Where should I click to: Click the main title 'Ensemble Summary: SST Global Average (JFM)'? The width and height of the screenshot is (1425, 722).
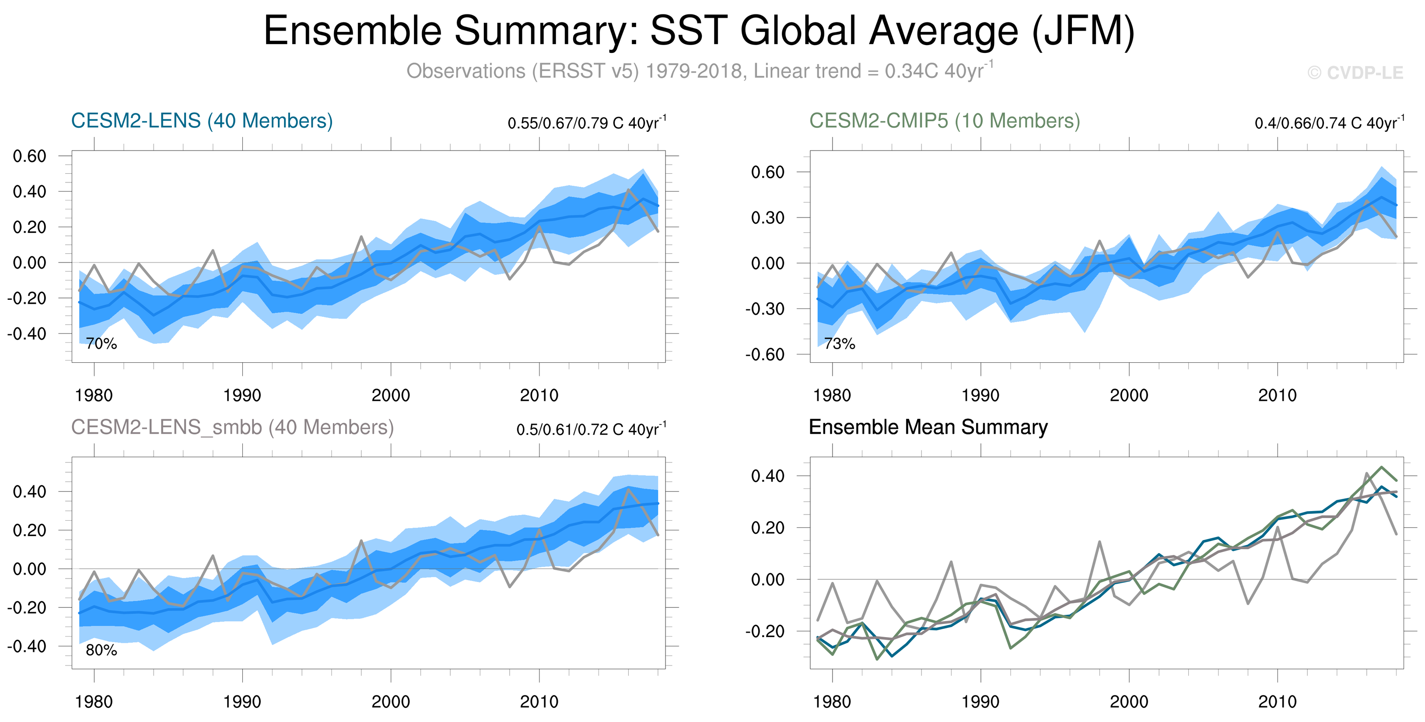tap(699, 31)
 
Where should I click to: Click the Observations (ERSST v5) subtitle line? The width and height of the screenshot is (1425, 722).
tap(700, 71)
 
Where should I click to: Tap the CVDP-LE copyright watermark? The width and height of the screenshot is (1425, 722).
tap(1355, 73)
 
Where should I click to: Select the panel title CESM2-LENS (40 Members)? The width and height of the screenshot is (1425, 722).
tap(202, 121)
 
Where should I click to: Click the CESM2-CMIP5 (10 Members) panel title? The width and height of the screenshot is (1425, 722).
tap(944, 121)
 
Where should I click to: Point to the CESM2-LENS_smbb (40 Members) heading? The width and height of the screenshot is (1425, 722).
tap(232, 427)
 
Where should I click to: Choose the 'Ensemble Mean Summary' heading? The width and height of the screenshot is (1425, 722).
tap(928, 427)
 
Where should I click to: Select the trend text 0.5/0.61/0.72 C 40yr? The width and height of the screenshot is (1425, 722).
tap(591, 429)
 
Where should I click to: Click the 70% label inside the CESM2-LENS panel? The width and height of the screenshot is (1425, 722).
tap(101, 343)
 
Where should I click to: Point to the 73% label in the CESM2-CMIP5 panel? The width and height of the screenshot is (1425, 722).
tap(840, 343)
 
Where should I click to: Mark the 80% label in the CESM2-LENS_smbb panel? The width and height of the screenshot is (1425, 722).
tap(101, 650)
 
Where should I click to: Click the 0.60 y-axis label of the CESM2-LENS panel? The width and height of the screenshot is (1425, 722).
tap(30, 156)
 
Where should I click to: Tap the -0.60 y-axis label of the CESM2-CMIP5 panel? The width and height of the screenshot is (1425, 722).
tap(764, 354)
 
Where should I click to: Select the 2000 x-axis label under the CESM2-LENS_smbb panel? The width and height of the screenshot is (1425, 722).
tap(391, 701)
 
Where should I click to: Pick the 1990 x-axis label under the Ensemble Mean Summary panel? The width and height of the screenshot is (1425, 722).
tap(980, 701)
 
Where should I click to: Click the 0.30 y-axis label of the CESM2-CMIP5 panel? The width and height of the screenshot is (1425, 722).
tap(768, 217)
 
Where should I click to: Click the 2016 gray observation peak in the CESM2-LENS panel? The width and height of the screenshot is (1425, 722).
tap(628, 190)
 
